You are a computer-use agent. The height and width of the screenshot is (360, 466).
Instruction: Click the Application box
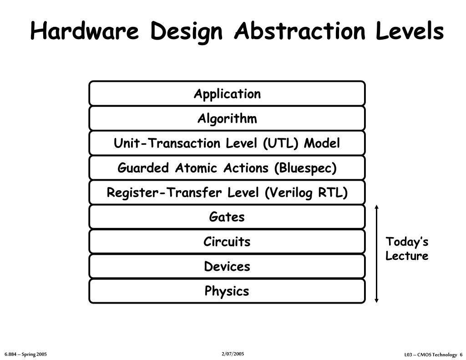point(227,94)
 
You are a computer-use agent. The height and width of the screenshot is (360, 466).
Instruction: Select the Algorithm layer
point(227,119)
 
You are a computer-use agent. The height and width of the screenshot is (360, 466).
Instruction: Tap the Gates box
point(227,217)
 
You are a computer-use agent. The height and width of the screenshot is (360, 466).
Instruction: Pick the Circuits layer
point(227,242)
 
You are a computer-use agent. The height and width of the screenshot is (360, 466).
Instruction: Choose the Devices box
point(227,266)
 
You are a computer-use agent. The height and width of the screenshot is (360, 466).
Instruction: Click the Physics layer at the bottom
point(227,291)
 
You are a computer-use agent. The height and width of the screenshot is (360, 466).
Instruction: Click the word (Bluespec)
point(305,168)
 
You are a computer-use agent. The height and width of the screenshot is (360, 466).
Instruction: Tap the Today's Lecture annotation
point(407,248)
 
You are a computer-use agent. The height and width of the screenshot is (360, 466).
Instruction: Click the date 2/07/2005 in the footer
point(233,354)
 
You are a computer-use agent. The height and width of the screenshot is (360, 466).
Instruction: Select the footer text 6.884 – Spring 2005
point(26,354)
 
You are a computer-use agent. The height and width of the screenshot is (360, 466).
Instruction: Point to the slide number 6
point(461,355)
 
